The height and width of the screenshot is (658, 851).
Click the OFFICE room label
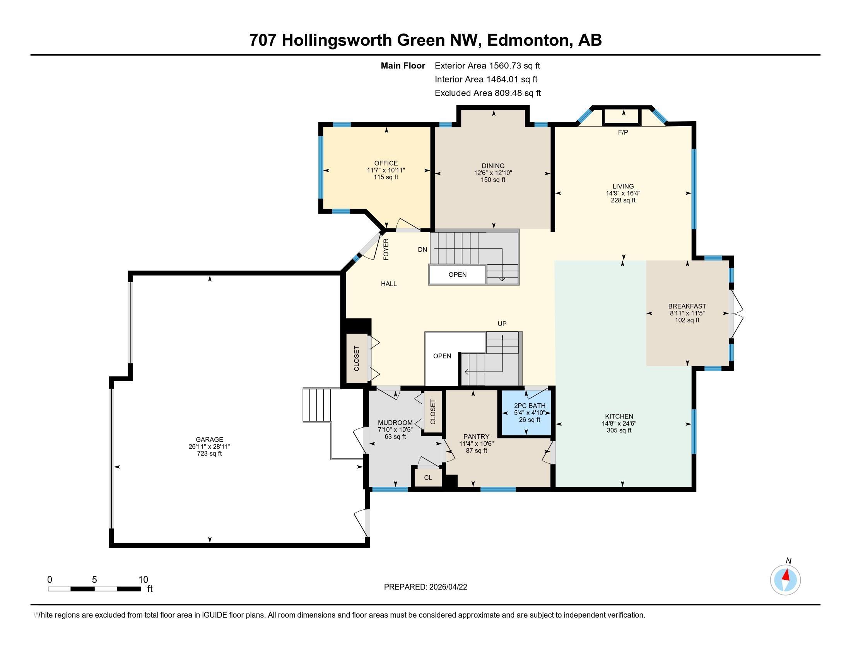(386, 163)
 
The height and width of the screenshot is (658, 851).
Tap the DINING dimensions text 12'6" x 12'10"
(493, 173)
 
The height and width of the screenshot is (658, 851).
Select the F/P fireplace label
(623, 132)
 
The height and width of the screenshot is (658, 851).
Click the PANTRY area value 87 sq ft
(476, 451)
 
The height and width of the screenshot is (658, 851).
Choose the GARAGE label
(209, 439)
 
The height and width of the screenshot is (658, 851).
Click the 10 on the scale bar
(143, 580)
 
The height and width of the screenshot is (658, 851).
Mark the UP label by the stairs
(502, 324)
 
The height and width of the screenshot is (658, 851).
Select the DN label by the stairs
(422, 250)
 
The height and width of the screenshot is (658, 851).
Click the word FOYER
(386, 250)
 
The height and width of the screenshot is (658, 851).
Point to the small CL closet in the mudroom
(428, 478)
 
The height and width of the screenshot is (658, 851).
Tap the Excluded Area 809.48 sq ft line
(487, 93)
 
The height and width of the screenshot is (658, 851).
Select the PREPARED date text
(425, 587)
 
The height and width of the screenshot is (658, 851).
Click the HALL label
(388, 284)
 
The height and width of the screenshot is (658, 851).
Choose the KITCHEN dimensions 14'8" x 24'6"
(619, 423)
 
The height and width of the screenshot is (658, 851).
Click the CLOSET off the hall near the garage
(357, 358)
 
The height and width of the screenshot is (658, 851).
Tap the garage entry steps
(316, 404)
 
